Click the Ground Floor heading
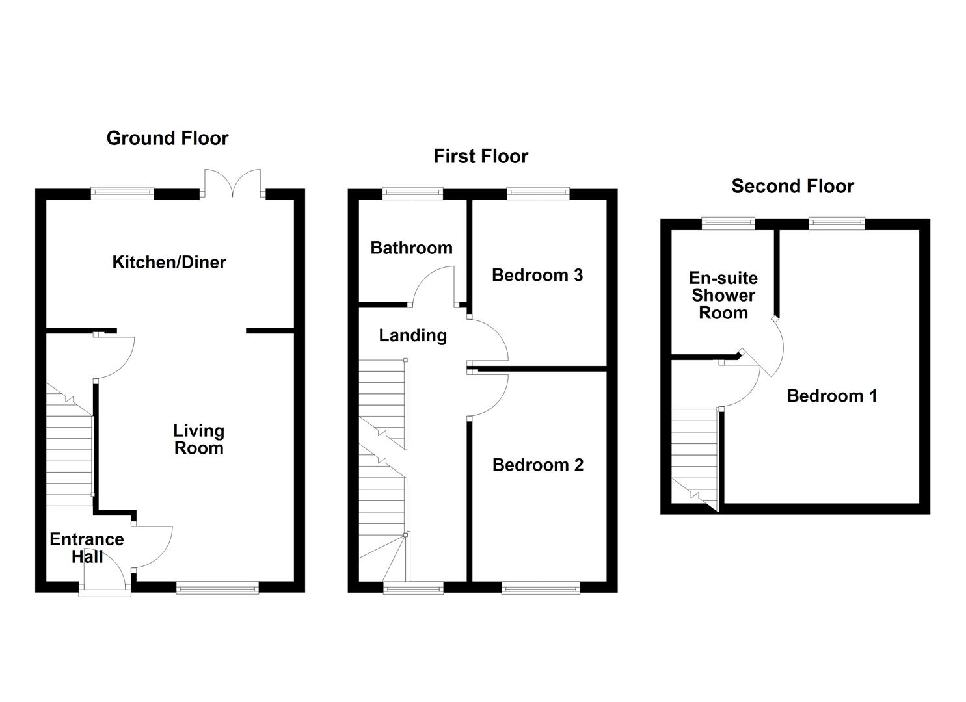pyautogui.click(x=167, y=138)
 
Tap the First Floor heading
pyautogui.click(x=481, y=157)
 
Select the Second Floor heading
pyautogui.click(x=792, y=187)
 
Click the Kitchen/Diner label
pyautogui.click(x=169, y=263)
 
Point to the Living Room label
pyautogui.click(x=198, y=439)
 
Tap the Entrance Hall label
pyautogui.click(x=87, y=547)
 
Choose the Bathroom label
pyautogui.click(x=411, y=248)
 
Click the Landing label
pyautogui.click(x=412, y=335)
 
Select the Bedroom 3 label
pyautogui.click(x=537, y=275)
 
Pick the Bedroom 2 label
pyautogui.click(x=538, y=465)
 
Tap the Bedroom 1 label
pyautogui.click(x=832, y=396)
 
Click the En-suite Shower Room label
pyautogui.click(x=723, y=296)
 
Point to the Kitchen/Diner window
pyautogui.click(x=122, y=192)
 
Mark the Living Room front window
pyautogui.click(x=217, y=588)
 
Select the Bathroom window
pyautogui.click(x=412, y=193)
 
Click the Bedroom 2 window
pyautogui.click(x=541, y=588)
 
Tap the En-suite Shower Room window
pyautogui.click(x=728, y=223)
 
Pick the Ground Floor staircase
pyautogui.click(x=69, y=448)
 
